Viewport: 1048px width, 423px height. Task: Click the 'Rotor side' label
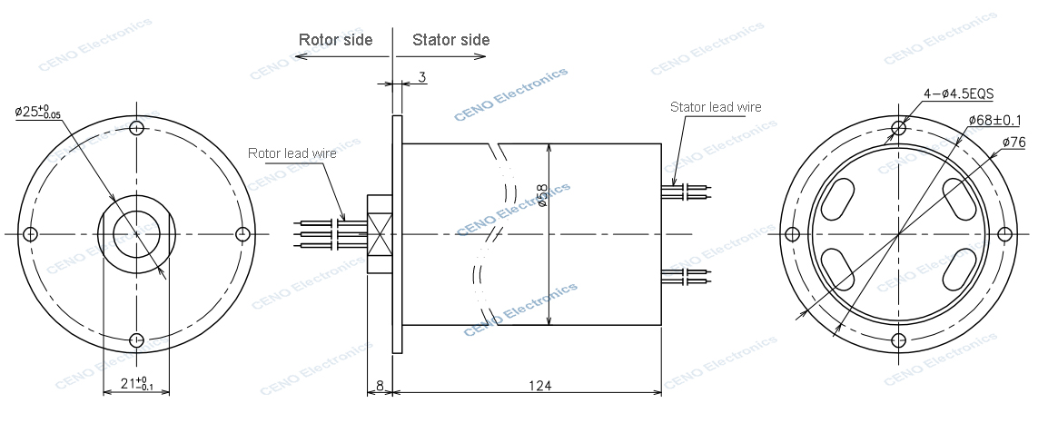335,40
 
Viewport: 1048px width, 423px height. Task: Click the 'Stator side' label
450,40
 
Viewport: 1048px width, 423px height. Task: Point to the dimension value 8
379,386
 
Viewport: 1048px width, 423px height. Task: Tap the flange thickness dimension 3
421,78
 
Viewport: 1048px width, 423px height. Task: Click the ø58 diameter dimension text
542,195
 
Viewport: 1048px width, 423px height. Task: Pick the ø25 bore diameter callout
38,112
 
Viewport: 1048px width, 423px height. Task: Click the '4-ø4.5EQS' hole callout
958,93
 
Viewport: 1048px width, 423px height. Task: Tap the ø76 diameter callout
1014,143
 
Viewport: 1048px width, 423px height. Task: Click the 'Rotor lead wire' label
292,153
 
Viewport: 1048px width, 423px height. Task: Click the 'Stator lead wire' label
716,107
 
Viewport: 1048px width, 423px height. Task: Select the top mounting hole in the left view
136,127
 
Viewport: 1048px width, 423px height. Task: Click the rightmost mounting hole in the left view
242,234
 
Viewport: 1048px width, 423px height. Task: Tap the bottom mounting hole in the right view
898,340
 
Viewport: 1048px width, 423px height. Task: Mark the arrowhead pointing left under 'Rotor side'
301,56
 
